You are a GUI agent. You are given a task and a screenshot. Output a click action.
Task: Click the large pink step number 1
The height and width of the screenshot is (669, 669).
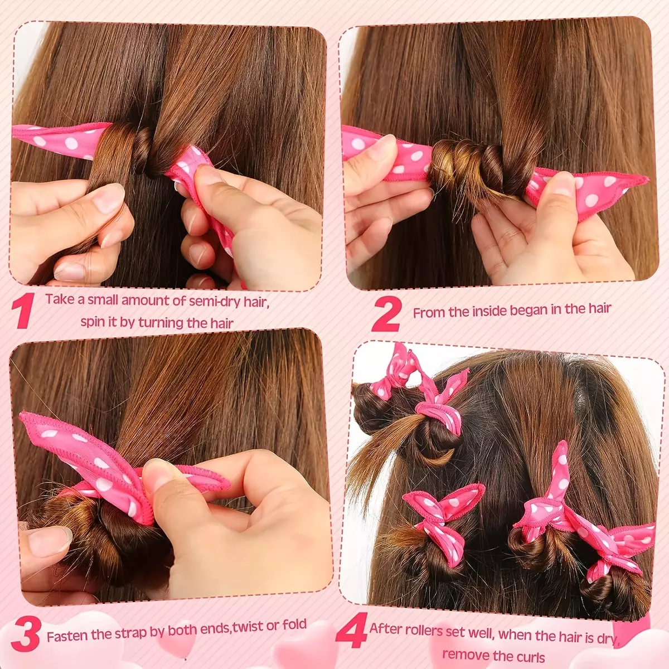(x=23, y=311)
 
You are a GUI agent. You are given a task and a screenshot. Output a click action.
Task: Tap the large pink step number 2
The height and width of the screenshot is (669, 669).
(x=387, y=314)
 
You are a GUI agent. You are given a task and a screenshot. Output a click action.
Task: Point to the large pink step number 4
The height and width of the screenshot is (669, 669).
(x=351, y=631)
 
